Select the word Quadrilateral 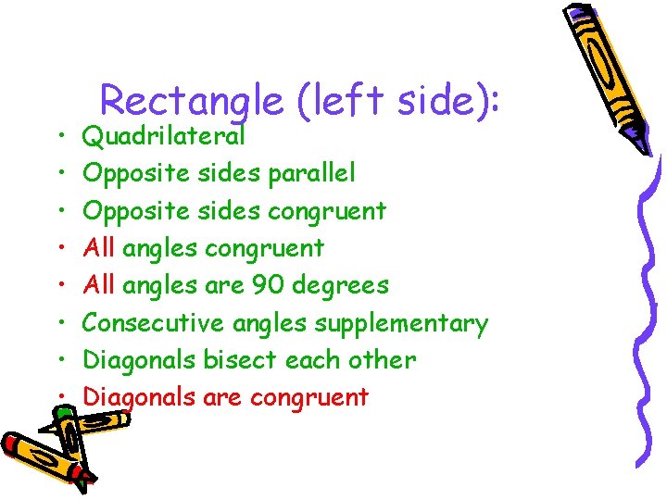click(x=164, y=137)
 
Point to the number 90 click(x=270, y=285)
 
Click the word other click(x=382, y=359)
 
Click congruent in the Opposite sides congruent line click(x=326, y=212)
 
